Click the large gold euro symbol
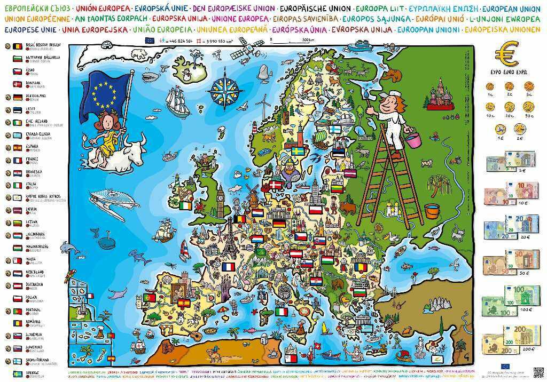pyautogui.click(x=506, y=54)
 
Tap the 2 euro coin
pyautogui.click(x=519, y=129)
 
